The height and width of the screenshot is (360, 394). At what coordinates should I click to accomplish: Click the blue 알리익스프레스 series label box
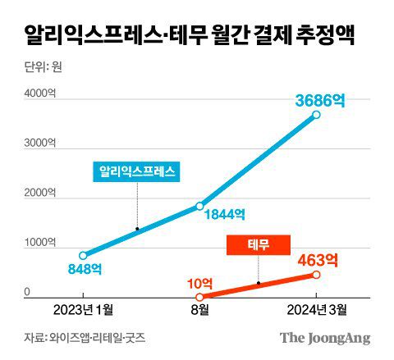(138, 172)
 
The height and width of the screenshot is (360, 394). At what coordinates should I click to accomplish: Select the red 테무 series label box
(259, 244)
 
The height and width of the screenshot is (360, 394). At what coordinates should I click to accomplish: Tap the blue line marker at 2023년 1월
(83, 255)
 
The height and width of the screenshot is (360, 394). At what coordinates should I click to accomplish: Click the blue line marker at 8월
(199, 206)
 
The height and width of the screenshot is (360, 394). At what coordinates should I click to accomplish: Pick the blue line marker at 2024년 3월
(316, 115)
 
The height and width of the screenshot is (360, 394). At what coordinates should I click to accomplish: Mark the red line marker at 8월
(199, 296)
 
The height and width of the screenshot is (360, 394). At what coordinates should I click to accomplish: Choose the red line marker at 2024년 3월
(316, 275)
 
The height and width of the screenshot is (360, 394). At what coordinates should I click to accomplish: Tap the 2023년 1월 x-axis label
(83, 310)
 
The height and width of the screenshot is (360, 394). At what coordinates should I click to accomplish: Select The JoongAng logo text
(325, 338)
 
